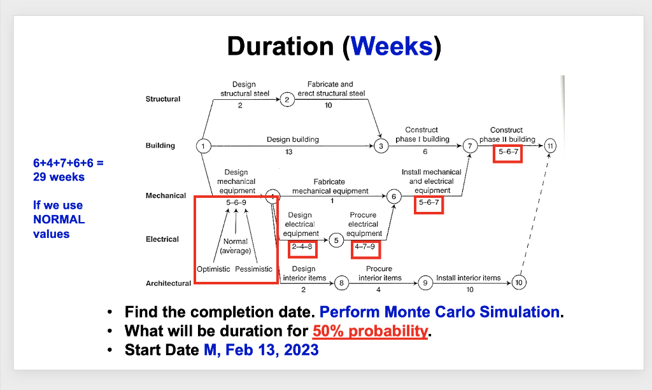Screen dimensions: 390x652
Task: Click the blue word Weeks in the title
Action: tap(391, 46)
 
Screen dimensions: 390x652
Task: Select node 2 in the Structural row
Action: tap(287, 99)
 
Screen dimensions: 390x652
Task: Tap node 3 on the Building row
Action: tap(381, 146)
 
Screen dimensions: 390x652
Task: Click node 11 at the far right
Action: tap(551, 146)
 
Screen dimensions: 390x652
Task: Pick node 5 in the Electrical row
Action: tap(337, 240)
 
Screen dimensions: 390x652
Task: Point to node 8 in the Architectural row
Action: tap(341, 282)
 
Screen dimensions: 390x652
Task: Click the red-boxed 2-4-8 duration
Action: tap(302, 247)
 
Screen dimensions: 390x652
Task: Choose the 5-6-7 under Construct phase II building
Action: tap(508, 153)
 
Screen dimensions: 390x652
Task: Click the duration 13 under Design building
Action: tap(290, 153)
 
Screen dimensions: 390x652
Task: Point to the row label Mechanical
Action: tap(166, 195)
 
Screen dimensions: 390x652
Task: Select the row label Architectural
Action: tap(168, 283)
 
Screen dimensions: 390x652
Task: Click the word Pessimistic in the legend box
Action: tap(253, 269)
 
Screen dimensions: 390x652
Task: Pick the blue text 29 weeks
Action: tap(59, 177)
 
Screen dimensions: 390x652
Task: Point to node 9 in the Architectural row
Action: tap(424, 282)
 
